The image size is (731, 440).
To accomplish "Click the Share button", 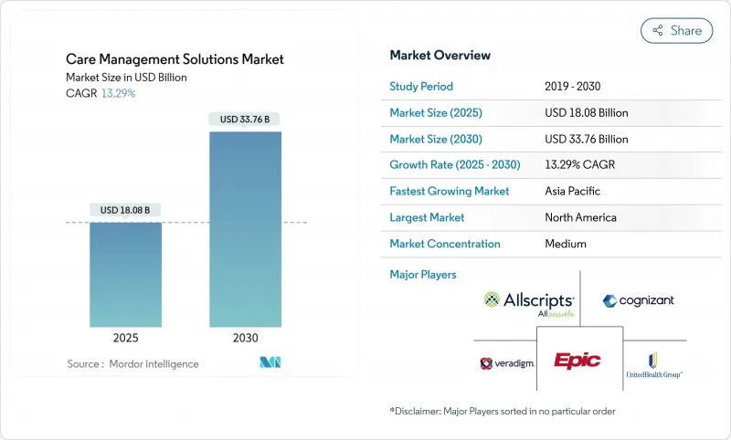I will pos(676,30).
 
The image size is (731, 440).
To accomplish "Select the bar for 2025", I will pos(125,274).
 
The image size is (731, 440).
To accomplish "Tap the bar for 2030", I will pos(245,228).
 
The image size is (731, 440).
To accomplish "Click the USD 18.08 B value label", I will pos(125,210).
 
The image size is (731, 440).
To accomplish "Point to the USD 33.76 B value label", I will pos(245,119).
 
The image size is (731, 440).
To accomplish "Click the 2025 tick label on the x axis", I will pos(125,337).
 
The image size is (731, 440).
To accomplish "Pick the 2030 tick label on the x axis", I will pos(245,337).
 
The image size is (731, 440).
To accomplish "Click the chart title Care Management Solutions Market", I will pos(175,59).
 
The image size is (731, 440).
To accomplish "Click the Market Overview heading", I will pos(440,56).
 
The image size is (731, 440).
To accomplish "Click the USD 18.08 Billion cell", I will pos(586,113).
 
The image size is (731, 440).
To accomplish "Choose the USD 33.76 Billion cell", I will pos(586,140).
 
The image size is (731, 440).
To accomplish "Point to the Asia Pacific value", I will pos(573,192).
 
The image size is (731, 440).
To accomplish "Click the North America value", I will pos(580,218).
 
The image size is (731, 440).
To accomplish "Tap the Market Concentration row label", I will pos(445,244).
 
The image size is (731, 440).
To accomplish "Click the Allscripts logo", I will pos(529,301).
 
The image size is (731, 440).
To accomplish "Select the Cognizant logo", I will pos(639,300).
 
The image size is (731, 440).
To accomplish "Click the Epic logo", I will pos(578,361).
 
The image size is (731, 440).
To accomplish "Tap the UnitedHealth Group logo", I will pos(654,364).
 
